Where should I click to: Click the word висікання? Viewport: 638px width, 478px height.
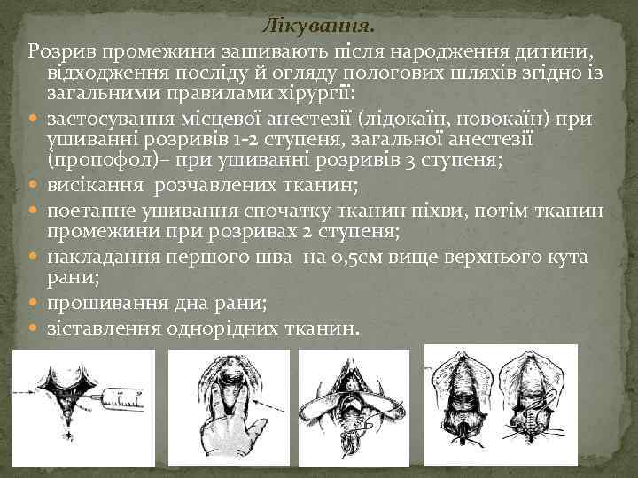[x=95, y=186]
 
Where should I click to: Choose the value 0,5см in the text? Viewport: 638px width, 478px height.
[x=365, y=258]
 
